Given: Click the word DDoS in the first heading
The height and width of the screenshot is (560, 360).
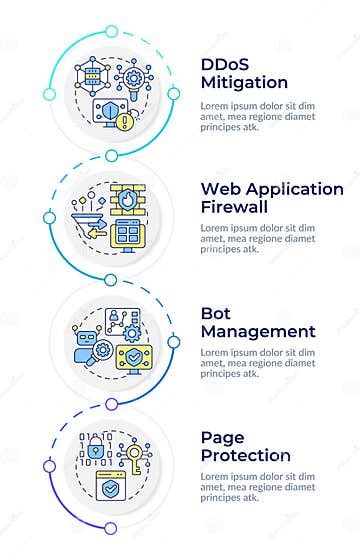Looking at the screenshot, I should (227, 65).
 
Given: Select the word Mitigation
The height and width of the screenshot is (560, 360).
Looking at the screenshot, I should (244, 83).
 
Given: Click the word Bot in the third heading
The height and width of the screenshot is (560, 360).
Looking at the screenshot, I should (217, 313).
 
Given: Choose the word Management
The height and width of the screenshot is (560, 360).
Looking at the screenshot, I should (258, 331).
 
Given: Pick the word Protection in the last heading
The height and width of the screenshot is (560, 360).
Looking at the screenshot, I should (246, 455).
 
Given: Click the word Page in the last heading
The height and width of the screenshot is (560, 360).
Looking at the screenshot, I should (223, 437).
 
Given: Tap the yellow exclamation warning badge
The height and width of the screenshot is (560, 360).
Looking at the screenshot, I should (122, 123).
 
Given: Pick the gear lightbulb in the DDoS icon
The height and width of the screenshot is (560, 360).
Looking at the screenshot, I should (130, 76).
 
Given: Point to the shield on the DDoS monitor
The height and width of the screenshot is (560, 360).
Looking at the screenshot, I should (103, 110).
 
